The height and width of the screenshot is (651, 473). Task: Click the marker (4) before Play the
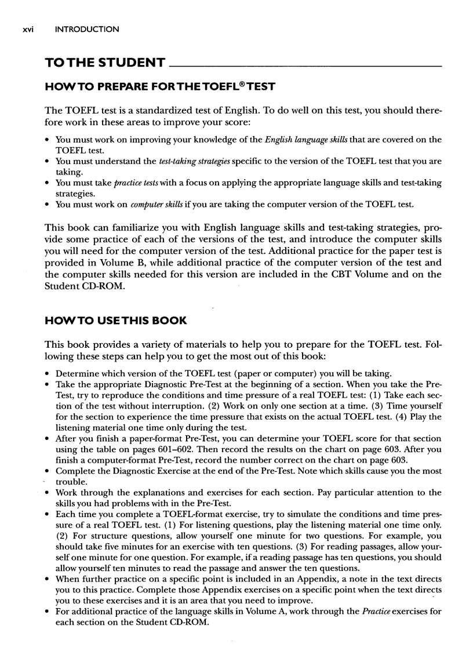click(406, 417)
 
